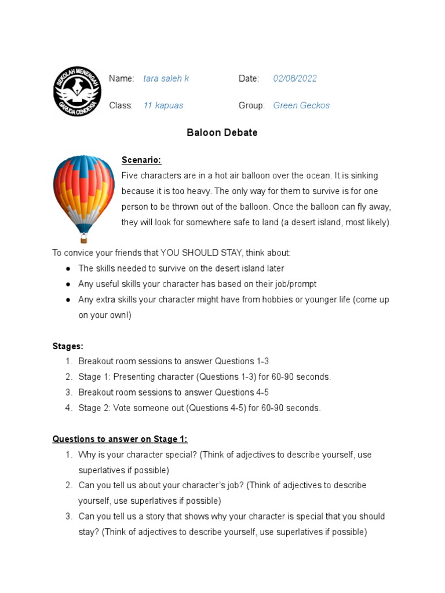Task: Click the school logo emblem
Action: point(78,91)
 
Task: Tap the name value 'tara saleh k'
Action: point(166,79)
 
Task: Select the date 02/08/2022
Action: point(295,79)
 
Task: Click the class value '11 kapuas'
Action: point(163,105)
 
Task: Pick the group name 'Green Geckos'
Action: point(301,105)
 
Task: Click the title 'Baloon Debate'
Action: point(222,133)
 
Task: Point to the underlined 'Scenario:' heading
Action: point(141,160)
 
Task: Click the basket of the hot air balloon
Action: point(84,238)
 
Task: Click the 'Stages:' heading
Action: point(68,346)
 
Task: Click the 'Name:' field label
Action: point(122,79)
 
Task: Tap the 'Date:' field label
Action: point(249,79)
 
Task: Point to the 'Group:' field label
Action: point(251,105)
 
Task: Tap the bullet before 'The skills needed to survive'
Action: point(68,269)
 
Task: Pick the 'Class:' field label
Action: point(121,105)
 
